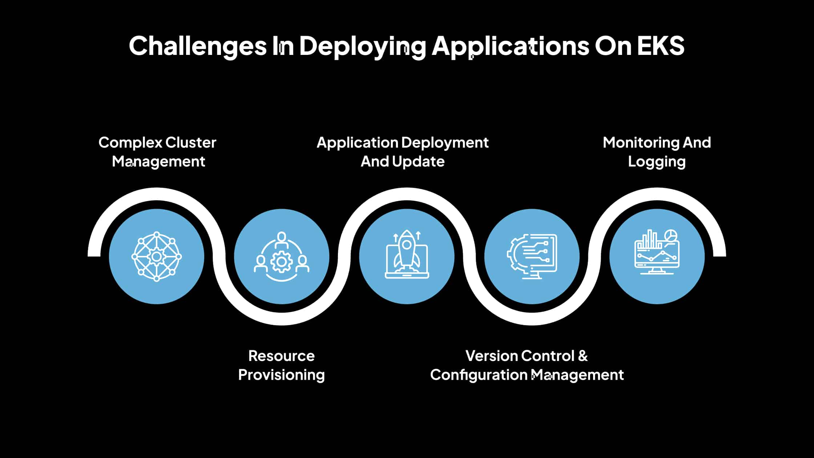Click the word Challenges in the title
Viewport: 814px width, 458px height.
point(198,46)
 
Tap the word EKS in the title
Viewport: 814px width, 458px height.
point(660,46)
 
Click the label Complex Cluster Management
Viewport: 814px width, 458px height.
point(157,152)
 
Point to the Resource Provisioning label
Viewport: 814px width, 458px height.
point(281,365)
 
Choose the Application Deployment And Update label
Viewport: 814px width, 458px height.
point(403,152)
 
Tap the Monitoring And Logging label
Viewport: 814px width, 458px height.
point(657,152)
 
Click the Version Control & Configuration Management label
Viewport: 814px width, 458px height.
point(527,365)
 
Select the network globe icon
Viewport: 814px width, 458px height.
point(157,257)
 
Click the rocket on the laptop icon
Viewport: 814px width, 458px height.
point(407,247)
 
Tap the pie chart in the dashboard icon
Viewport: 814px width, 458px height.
point(670,235)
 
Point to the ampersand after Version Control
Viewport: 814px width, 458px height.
point(582,356)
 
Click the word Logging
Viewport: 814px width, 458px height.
point(657,162)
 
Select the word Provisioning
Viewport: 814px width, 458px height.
point(281,375)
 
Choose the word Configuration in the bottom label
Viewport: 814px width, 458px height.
point(479,375)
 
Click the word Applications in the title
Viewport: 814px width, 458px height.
point(510,46)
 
